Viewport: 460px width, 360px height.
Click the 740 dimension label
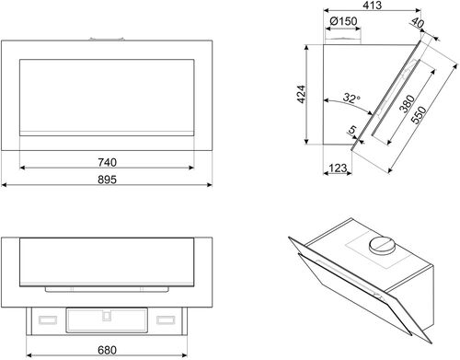[x=108, y=162]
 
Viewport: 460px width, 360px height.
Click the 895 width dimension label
[x=107, y=180]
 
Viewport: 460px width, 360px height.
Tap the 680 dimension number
[x=107, y=350]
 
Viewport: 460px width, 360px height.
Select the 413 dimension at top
[x=373, y=6]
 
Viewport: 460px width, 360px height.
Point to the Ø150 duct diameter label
[x=343, y=21]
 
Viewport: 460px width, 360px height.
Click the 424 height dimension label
[x=302, y=94]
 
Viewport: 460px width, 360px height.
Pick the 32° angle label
[x=351, y=98]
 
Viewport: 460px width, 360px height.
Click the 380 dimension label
[x=407, y=104]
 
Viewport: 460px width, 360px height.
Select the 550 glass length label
[x=419, y=115]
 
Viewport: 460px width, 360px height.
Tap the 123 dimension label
[x=338, y=168]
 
